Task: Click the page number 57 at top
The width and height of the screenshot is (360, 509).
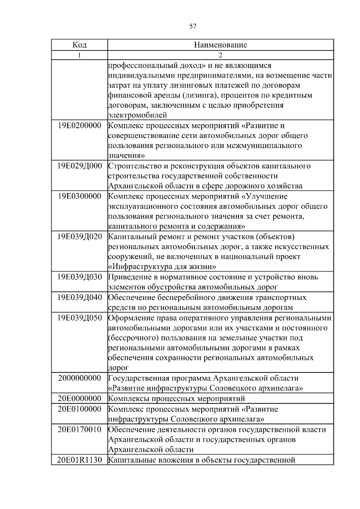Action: tap(193, 26)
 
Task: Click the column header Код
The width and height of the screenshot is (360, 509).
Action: tap(79, 45)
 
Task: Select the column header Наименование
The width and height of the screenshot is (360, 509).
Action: tap(220, 45)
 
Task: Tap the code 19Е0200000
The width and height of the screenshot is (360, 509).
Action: tap(79, 125)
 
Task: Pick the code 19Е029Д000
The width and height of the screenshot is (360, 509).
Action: tap(79, 166)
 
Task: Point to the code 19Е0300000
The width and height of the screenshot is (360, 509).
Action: tap(79, 196)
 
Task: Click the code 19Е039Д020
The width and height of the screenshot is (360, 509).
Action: tap(79, 237)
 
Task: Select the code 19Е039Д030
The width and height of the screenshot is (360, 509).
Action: tap(79, 277)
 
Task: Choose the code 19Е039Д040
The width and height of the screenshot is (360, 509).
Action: tap(79, 297)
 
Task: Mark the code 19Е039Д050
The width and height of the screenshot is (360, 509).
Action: tap(79, 318)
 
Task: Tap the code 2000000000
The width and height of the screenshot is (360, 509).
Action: tap(79, 378)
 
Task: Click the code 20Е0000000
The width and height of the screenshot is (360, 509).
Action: tap(79, 398)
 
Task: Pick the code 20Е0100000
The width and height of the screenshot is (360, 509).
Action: tap(79, 409)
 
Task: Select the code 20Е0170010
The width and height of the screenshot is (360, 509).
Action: tap(79, 429)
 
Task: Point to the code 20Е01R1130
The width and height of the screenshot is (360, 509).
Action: tap(79, 460)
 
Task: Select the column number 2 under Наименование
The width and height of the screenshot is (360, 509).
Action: tap(220, 55)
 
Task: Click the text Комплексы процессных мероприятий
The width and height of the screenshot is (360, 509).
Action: tap(176, 399)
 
